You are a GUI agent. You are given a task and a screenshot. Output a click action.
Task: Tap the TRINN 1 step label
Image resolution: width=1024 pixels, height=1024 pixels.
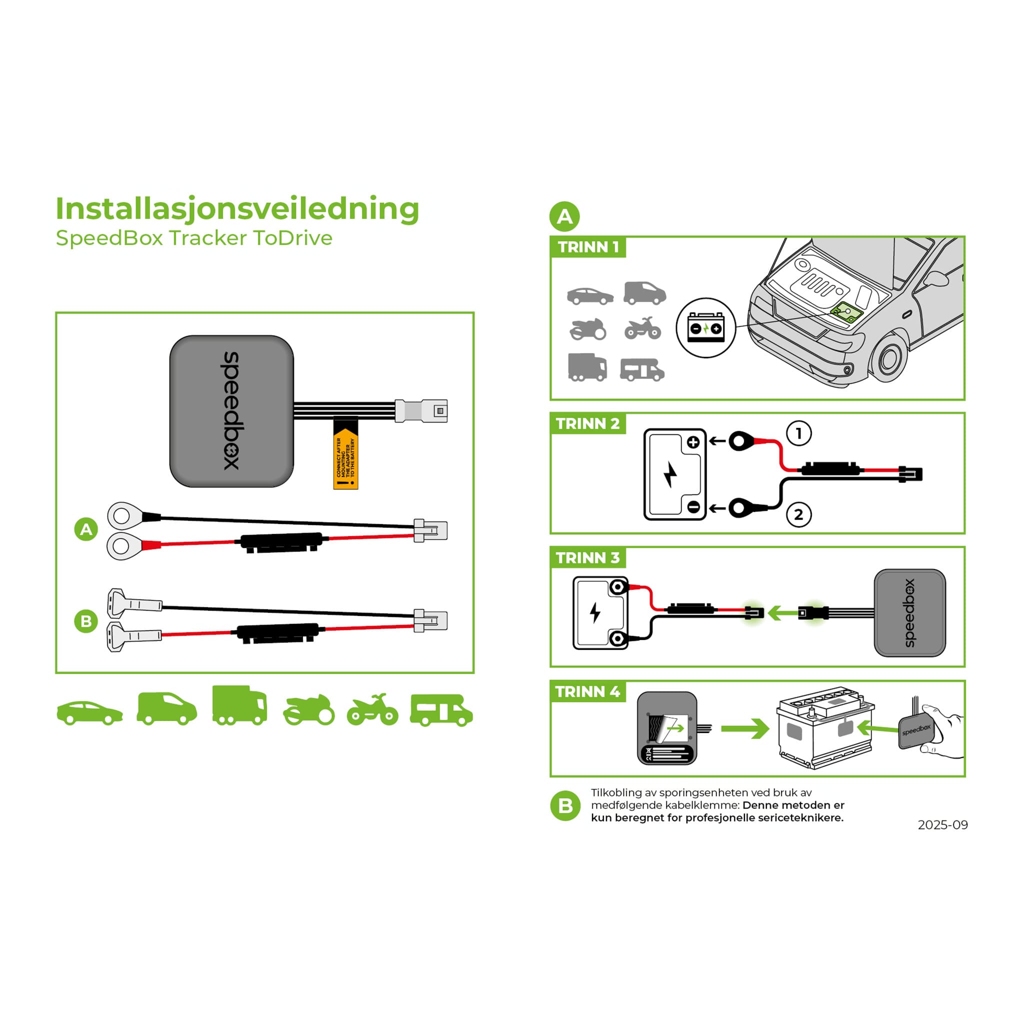click(588, 247)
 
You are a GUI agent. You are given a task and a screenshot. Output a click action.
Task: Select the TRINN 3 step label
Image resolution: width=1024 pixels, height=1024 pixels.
click(588, 557)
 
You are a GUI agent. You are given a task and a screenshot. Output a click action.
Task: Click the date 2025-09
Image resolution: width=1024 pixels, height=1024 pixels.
click(943, 824)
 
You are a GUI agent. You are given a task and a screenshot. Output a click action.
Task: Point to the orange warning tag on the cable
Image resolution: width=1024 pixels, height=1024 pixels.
click(345, 455)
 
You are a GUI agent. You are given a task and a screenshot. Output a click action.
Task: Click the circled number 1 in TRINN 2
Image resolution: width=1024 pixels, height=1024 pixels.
click(798, 433)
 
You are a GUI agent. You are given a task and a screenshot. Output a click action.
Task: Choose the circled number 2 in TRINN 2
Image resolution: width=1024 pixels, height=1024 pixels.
click(798, 514)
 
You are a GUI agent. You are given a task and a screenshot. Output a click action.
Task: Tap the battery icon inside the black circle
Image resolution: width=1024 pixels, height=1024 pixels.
click(705, 328)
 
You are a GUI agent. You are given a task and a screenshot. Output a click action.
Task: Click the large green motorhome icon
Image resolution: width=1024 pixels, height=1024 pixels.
click(441, 710)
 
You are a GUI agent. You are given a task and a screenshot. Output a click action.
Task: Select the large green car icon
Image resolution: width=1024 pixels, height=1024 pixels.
click(90, 713)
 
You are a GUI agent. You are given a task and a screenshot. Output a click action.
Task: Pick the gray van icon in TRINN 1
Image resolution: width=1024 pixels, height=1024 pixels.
click(644, 293)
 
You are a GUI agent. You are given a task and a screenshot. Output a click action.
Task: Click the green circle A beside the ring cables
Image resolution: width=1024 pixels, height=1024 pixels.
click(86, 529)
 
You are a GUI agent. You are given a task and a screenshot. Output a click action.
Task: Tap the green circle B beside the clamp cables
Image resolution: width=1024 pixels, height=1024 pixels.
click(86, 621)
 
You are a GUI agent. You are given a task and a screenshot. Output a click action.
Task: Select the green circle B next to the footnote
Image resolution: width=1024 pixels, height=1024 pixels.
click(565, 806)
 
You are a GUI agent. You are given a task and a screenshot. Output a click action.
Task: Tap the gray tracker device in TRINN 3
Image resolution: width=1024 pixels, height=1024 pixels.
click(909, 612)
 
